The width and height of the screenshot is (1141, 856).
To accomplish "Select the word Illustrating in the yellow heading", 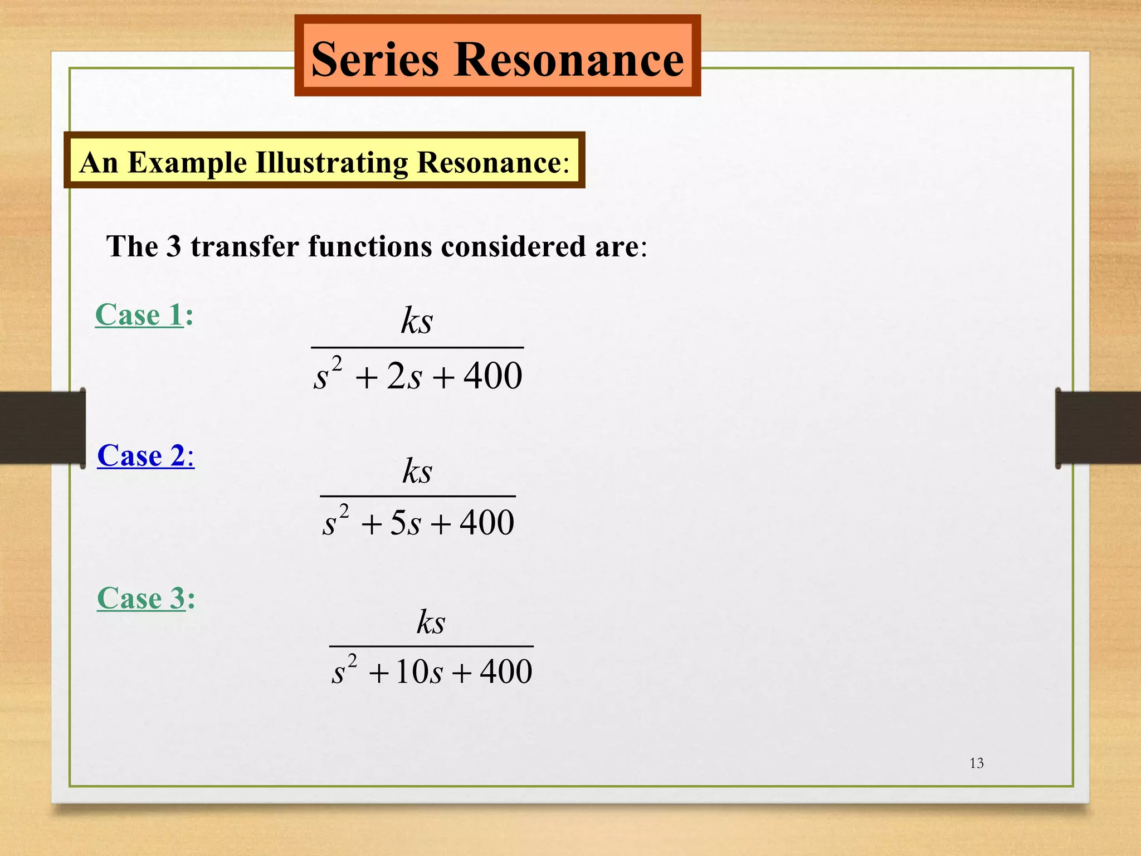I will pyautogui.click(x=332, y=163).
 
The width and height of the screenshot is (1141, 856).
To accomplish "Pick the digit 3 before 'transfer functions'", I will pyautogui.click(x=174, y=246).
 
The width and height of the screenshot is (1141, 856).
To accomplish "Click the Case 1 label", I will pyautogui.click(x=139, y=315).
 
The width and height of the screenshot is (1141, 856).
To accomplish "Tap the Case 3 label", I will pyautogui.click(x=141, y=599).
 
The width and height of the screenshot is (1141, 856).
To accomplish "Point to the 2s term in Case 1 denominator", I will pyautogui.click(x=404, y=376).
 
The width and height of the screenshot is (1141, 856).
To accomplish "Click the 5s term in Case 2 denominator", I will pyautogui.click(x=405, y=523).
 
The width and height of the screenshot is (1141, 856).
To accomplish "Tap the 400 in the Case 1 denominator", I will pyautogui.click(x=493, y=376).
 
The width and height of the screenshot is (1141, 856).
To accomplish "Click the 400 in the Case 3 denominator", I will pyautogui.click(x=506, y=671).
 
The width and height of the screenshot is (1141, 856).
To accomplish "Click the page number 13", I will pyautogui.click(x=977, y=763).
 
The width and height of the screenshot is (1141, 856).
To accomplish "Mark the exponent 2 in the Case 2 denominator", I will pyautogui.click(x=344, y=510).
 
